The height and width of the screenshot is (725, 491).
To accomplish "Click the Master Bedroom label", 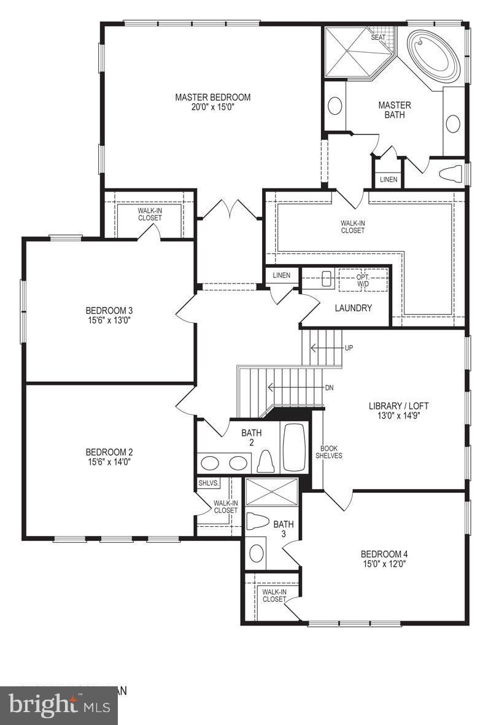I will click(x=212, y=97).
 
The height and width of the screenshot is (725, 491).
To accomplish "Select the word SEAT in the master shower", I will click(x=378, y=37).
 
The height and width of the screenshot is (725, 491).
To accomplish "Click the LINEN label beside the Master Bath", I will click(x=389, y=180).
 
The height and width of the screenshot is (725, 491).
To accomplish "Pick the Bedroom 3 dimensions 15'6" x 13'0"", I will click(x=109, y=320).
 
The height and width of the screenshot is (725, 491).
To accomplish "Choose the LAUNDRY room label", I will click(x=353, y=308).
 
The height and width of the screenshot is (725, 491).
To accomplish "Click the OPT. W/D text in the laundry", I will click(x=363, y=280).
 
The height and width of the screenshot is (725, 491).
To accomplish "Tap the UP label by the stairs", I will click(x=349, y=348).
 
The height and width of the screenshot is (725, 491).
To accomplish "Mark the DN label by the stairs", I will click(x=329, y=387).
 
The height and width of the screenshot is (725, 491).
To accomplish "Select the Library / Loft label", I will click(x=398, y=406).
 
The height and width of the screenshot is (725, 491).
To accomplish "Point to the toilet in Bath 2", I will click(x=266, y=460).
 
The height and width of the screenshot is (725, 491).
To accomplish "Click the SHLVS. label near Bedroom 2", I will click(x=209, y=483).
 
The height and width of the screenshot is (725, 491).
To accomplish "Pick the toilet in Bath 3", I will click(x=257, y=522).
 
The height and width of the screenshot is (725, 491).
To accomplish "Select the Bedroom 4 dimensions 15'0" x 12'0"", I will click(x=384, y=563).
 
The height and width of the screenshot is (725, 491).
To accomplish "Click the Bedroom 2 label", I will click(x=109, y=452).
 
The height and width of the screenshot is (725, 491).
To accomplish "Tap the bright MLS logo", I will click(x=60, y=705).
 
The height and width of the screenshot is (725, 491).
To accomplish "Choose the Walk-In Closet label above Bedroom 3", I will click(x=150, y=214).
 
